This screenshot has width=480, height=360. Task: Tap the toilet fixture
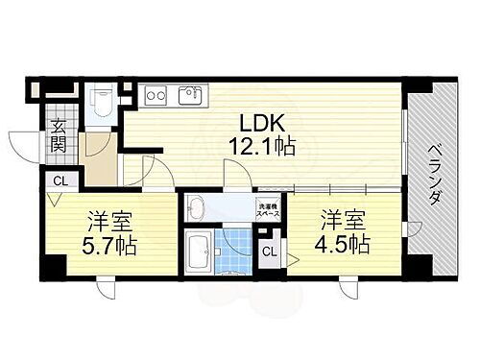pyautogui.click(x=102, y=101)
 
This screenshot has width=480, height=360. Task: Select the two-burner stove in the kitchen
pyautogui.click(x=156, y=94)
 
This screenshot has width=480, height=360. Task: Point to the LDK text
pyautogui.click(x=260, y=124)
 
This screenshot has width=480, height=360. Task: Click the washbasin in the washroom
pyautogui.click(x=198, y=206)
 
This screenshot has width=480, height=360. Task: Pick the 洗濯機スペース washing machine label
pyautogui.click(x=268, y=210)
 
